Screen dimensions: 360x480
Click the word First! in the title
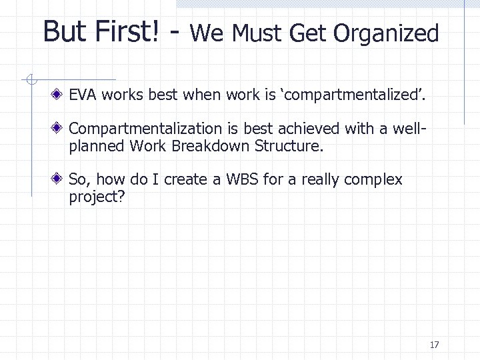click(131, 32)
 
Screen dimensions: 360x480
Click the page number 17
click(435, 345)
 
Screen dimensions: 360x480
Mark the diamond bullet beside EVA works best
click(60, 96)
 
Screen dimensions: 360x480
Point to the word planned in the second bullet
click(90, 145)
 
